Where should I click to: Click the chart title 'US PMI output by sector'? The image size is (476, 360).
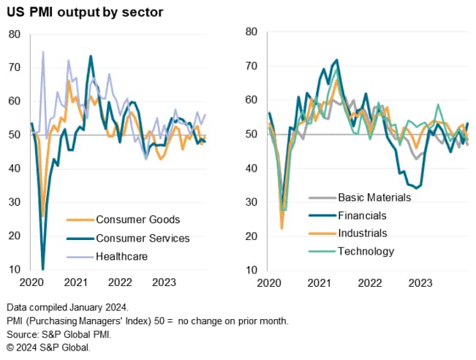tap(86, 12)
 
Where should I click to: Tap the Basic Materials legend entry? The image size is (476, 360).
tap(376, 197)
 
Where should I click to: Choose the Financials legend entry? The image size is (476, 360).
tap(363, 215)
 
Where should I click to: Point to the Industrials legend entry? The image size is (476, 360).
tap(363, 233)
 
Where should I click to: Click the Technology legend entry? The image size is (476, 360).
tap(366, 252)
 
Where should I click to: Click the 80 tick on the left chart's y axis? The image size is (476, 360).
tap(15, 34)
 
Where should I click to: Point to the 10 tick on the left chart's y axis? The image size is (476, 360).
tap(15, 270)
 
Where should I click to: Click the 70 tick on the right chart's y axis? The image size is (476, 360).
tap(250, 66)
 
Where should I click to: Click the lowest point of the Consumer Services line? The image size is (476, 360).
tap(42, 269)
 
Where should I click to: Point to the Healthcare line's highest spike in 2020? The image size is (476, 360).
tap(43, 52)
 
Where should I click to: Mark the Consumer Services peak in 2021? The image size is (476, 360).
tap(91, 56)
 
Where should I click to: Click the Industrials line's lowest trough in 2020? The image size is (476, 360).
tap(282, 229)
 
